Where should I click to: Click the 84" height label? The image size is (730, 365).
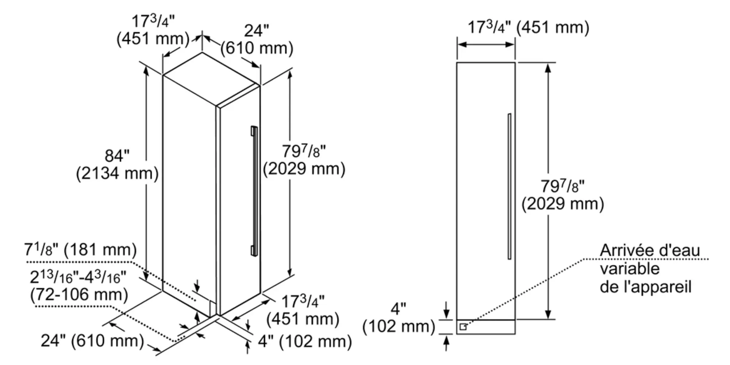point(117,156)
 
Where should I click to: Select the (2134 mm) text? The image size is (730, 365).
point(117,173)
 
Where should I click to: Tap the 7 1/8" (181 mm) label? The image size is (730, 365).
point(80,250)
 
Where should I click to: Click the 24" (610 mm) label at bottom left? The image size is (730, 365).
point(92,341)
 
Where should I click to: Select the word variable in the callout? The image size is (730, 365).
point(630,269)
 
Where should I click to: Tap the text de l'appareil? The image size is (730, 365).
point(645,287)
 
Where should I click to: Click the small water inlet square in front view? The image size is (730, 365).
point(463,327)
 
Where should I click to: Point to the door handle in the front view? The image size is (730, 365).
point(509,186)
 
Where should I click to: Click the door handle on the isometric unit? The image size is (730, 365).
point(254,190)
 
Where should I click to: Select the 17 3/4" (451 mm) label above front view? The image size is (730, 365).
point(528,27)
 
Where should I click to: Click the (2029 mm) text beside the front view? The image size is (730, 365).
point(562,204)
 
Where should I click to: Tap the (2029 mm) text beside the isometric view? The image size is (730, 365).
point(304,169)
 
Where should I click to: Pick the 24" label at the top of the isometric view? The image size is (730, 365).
point(256,31)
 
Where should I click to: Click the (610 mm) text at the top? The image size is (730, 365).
point(257,48)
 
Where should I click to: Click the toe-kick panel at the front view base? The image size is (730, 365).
point(485,327)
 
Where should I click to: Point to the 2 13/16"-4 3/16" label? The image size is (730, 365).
point(78,277)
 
